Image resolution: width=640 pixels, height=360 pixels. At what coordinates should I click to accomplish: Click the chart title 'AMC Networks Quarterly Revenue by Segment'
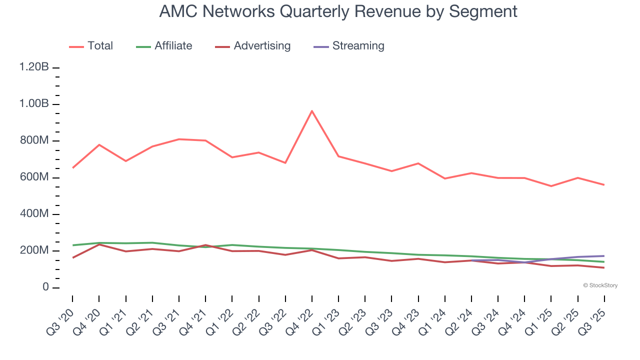coord(338,11)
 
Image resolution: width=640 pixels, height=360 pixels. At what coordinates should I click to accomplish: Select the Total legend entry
coord(91,46)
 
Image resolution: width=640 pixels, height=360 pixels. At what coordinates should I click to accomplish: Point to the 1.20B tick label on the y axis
coord(34,67)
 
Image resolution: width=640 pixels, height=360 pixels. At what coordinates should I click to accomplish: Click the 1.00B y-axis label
coord(34,104)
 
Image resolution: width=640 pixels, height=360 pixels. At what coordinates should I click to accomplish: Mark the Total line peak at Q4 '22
coord(312,111)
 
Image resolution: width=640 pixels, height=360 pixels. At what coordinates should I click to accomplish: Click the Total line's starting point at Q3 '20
coord(72,168)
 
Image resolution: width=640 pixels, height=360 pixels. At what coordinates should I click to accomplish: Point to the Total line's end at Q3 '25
coord(604,185)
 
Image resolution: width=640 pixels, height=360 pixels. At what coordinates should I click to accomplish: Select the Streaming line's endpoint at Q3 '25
coord(604,256)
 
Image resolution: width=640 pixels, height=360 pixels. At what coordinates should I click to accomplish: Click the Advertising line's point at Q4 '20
coord(99,244)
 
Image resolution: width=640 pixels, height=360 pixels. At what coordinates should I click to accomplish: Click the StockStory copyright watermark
coord(600,285)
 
